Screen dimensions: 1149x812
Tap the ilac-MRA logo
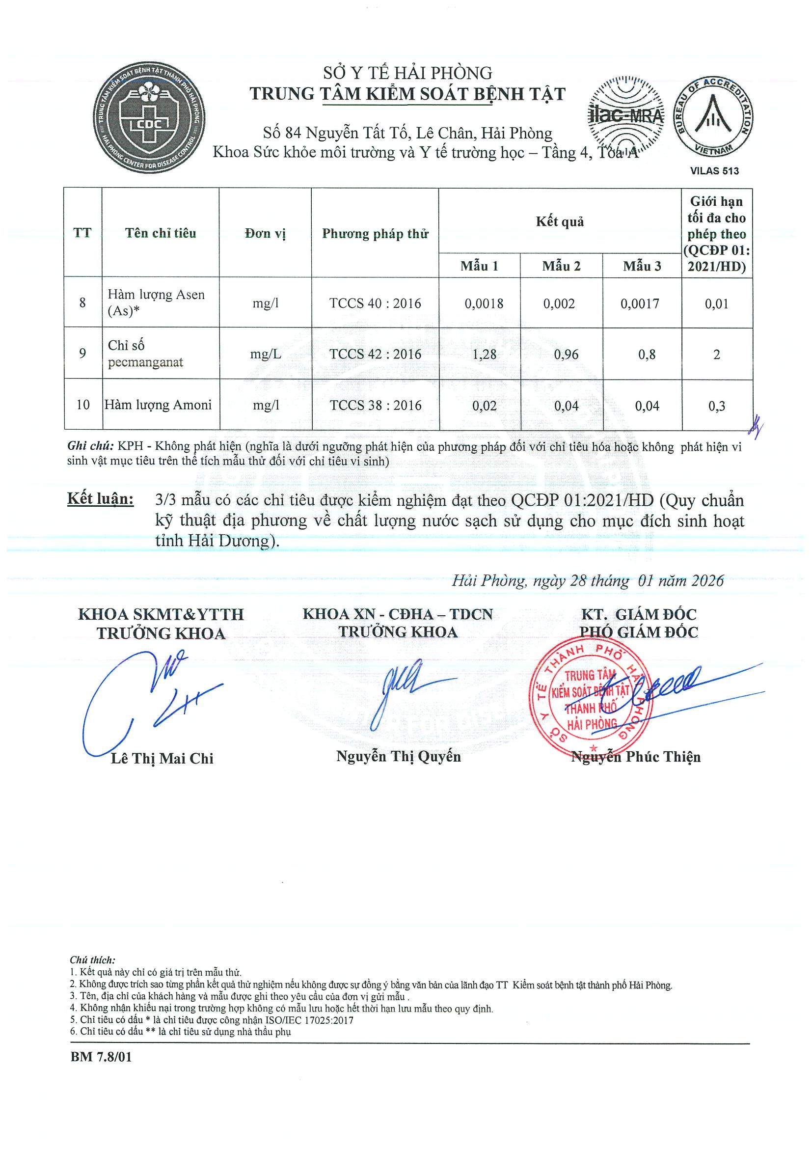(x=625, y=115)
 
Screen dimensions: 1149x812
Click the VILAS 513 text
(x=714, y=171)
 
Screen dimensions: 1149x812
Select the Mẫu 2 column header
(x=561, y=266)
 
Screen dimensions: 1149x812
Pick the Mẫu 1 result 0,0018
(x=484, y=303)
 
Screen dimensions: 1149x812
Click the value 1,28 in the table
(x=484, y=355)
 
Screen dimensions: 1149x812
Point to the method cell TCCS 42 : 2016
(x=375, y=355)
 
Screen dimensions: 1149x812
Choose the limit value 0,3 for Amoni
(x=716, y=406)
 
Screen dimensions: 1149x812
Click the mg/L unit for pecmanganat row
(x=265, y=355)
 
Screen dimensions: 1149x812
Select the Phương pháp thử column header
(x=375, y=234)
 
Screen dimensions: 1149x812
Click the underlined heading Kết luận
(x=101, y=499)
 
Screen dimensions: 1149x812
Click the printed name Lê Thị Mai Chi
(x=162, y=759)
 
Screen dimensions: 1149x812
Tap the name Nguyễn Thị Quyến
(x=398, y=756)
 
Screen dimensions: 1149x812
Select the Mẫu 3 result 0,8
(x=647, y=355)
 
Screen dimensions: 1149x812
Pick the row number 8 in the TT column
(x=82, y=303)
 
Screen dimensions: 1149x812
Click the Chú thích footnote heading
(x=93, y=960)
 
